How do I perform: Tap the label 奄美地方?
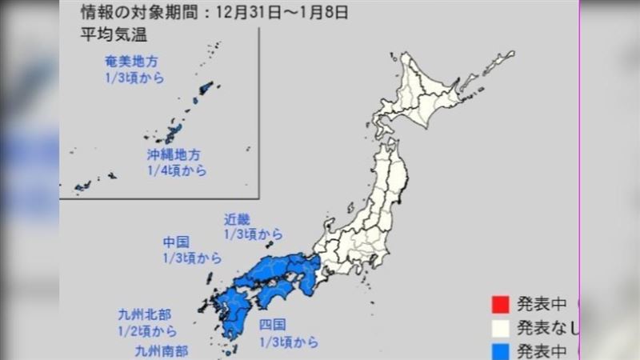[x=133, y=61]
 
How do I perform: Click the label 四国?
[x=274, y=326]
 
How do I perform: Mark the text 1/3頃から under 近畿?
[x=253, y=234]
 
